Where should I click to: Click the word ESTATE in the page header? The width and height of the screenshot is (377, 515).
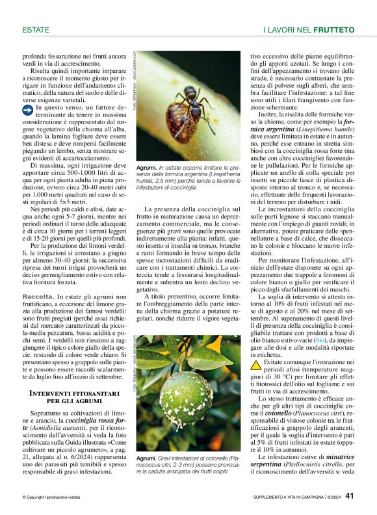(x=36, y=30)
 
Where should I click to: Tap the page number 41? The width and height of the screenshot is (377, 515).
(x=350, y=496)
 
